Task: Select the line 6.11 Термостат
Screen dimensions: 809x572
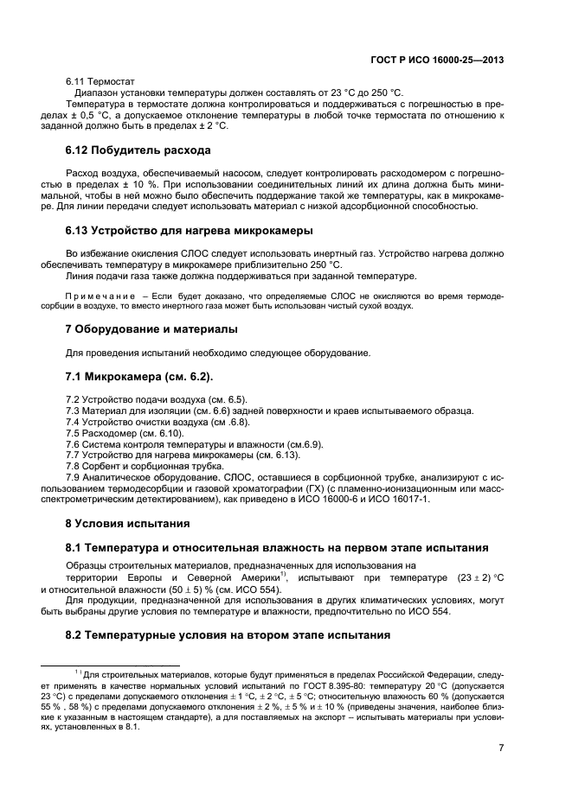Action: pyautogui.click(x=94, y=80)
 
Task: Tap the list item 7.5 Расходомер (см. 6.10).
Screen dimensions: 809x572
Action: pyautogui.click(x=119, y=431)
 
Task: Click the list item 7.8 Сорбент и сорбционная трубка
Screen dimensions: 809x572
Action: pyautogui.click(x=139, y=465)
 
